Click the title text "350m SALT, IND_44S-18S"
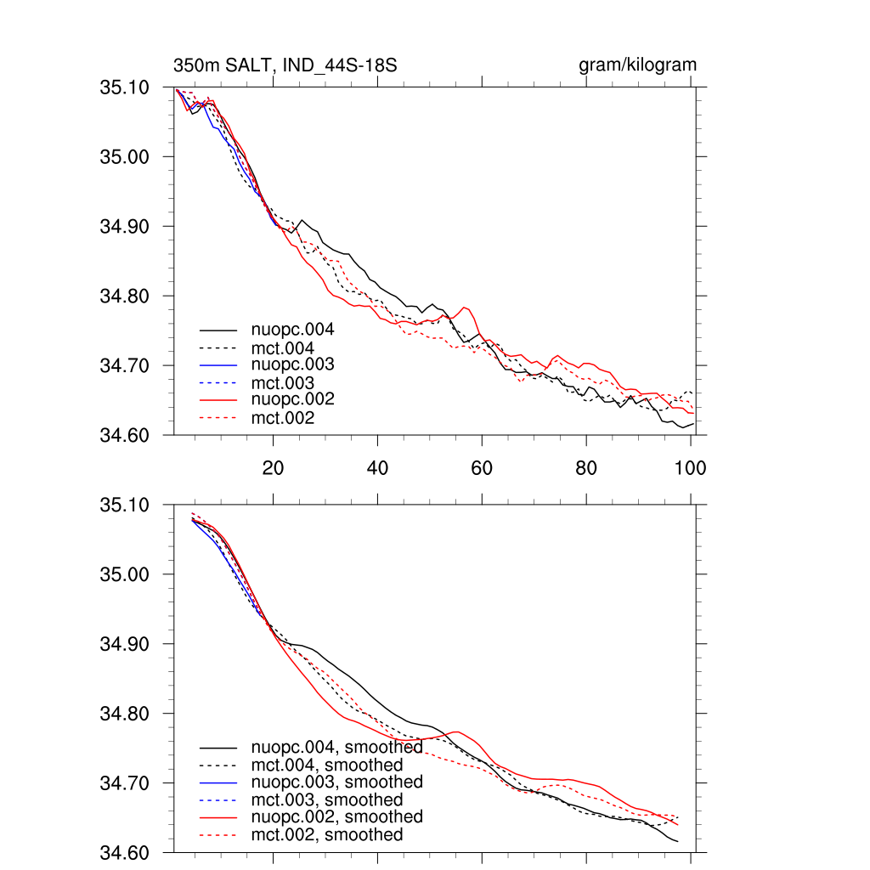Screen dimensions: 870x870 coord(285,65)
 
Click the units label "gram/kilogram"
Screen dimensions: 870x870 coord(637,65)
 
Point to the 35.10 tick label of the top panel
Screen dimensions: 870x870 coord(125,88)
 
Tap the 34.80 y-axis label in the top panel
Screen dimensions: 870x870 coord(125,297)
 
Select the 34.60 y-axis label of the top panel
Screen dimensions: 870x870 coord(125,436)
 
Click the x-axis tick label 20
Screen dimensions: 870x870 coord(273,467)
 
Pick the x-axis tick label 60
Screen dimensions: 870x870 coord(482,467)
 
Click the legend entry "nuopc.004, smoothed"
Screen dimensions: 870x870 coord(336,748)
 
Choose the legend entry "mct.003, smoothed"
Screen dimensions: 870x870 coord(327,799)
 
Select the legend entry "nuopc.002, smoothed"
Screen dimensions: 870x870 coord(336,816)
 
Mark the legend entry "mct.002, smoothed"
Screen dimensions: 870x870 coord(327,835)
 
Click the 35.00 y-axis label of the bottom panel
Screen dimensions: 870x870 coord(125,574)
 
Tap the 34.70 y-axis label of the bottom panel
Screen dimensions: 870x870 coord(125,783)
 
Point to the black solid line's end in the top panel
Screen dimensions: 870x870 coord(693,423)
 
